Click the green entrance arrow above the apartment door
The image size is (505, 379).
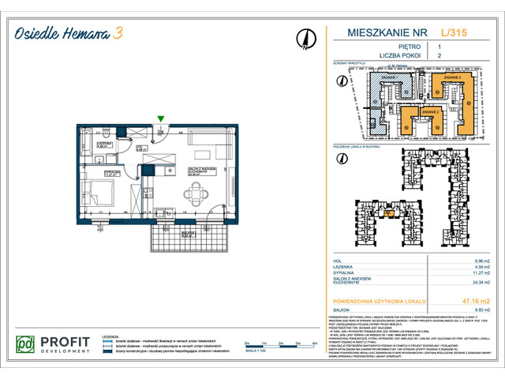pos(161,119)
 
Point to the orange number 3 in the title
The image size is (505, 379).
pos(117,33)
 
